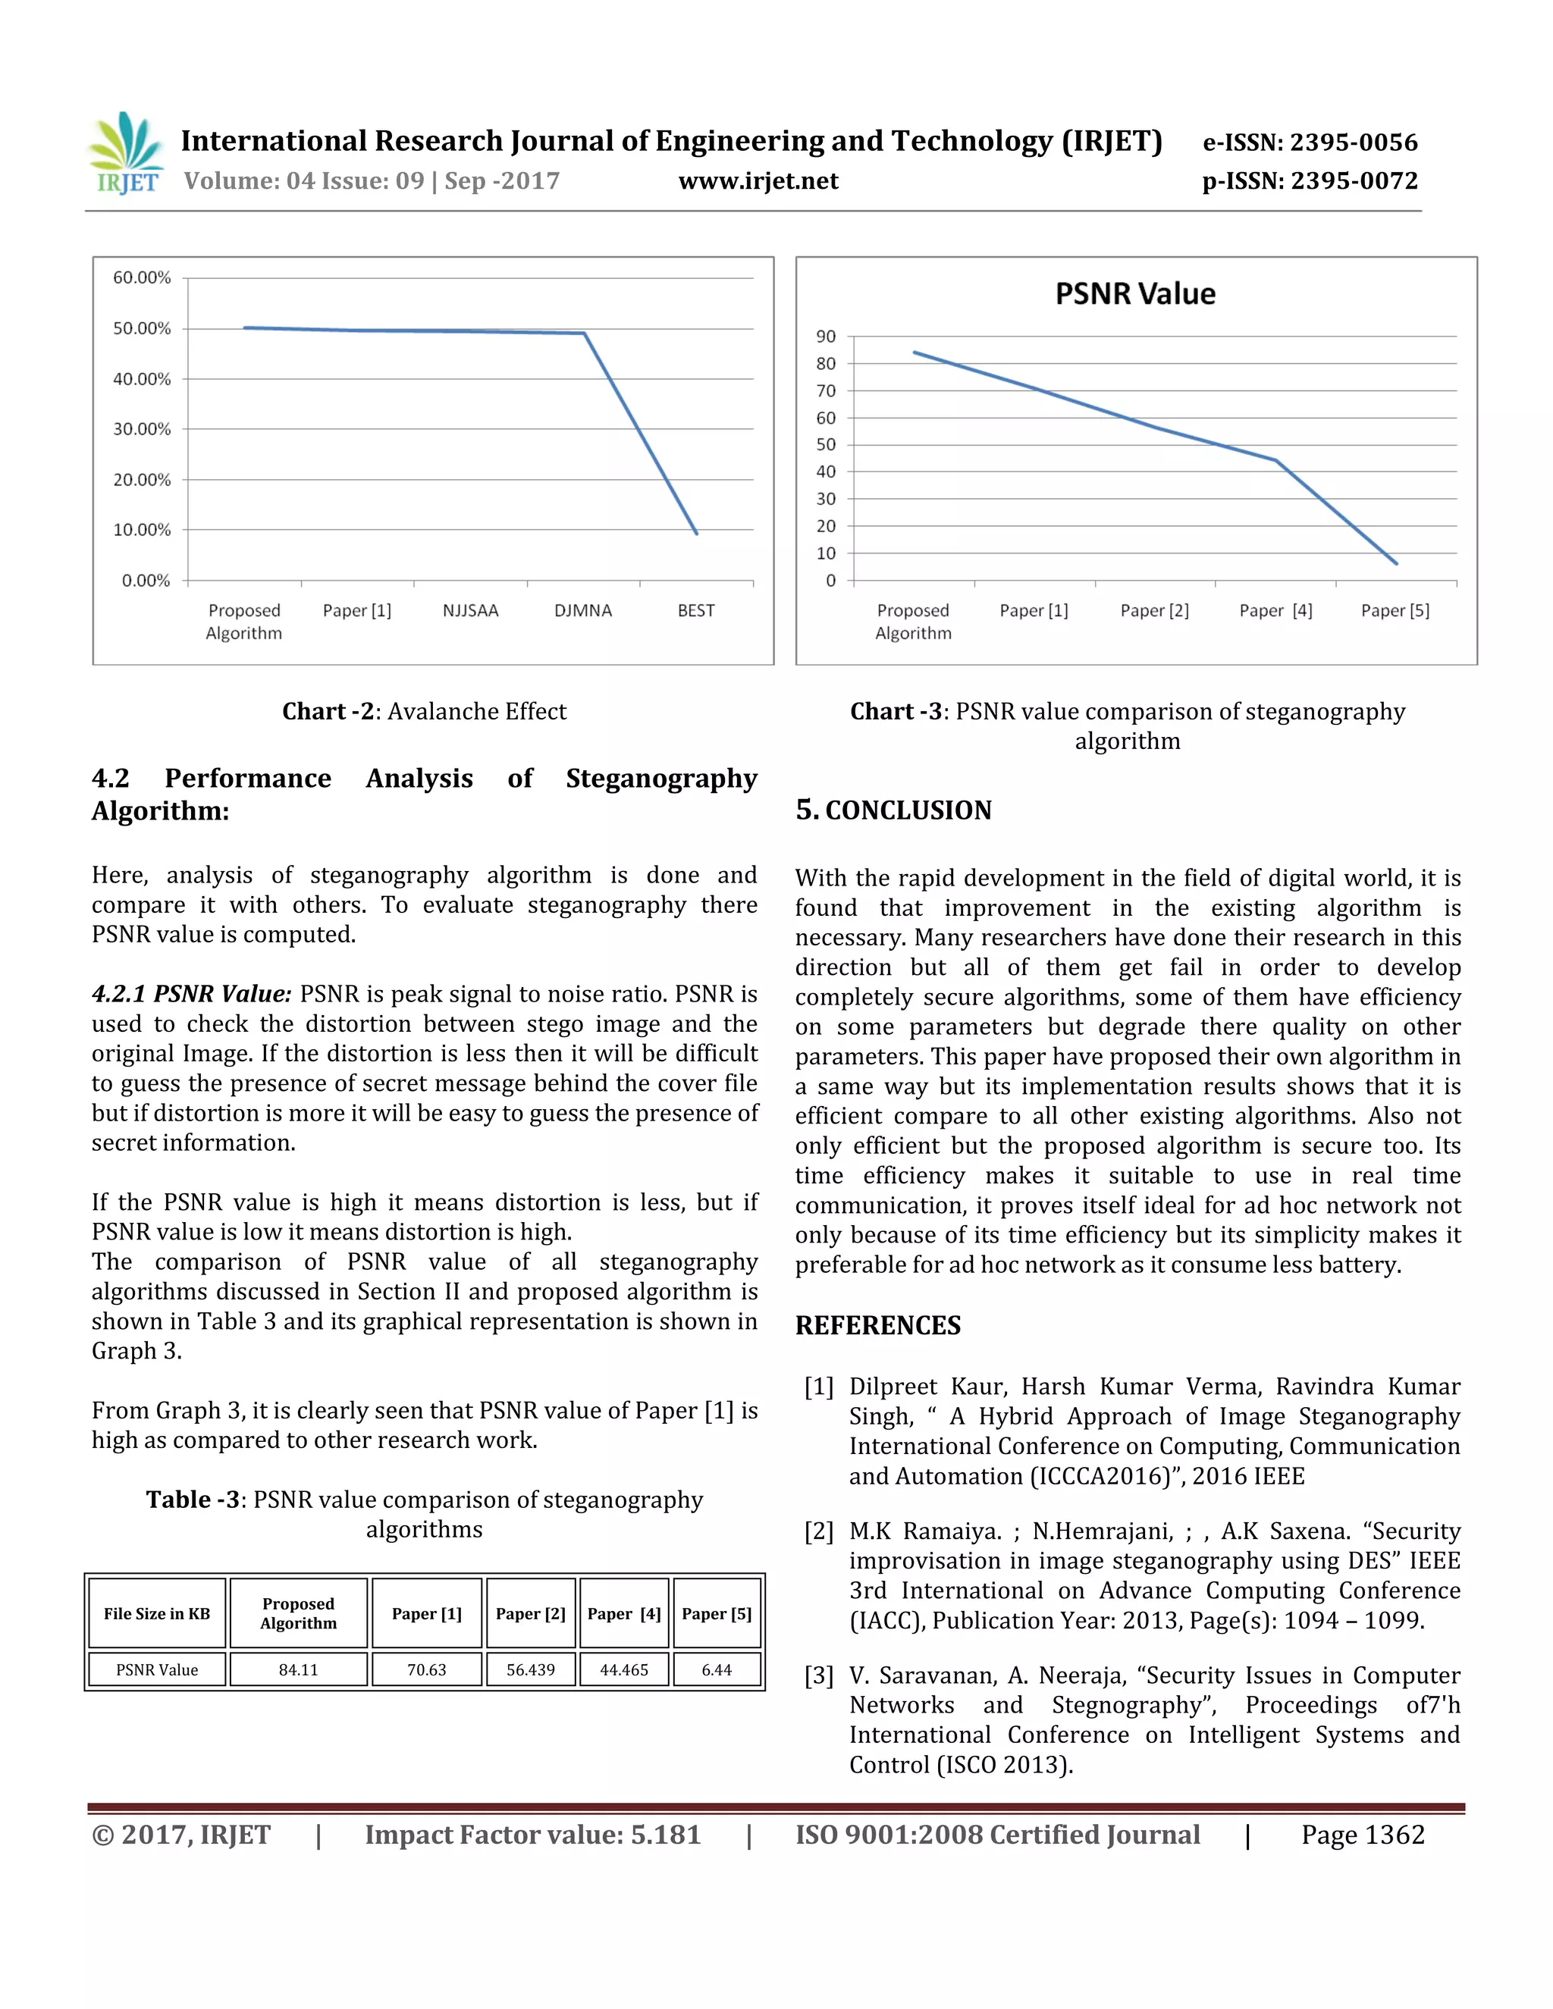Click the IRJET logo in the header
tap(126, 154)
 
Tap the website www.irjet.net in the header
tap(758, 181)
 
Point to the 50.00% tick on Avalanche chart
tap(142, 328)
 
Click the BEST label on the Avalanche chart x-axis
tap(695, 611)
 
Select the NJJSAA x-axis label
tap(470, 611)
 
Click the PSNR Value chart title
tap(1134, 293)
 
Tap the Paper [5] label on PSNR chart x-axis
tap(1395, 611)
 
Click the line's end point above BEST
tap(696, 533)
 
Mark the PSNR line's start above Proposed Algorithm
tap(914, 353)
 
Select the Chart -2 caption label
tap(328, 711)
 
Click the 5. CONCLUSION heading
tap(893, 810)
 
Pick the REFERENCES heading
tap(877, 1325)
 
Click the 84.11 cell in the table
tap(298, 1669)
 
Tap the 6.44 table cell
tap(717, 1669)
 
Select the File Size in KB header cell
tap(156, 1613)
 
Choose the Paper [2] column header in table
tap(530, 1613)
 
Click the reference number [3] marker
tap(819, 1675)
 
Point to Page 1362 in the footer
tap(1362, 1835)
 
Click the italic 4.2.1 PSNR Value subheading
tap(191, 995)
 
